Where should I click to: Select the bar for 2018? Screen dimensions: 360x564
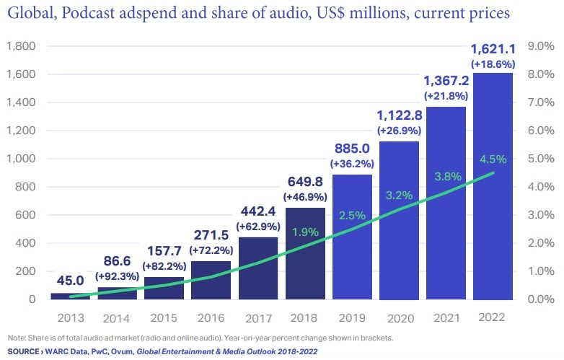[x=306, y=253]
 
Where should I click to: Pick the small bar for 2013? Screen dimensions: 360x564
[x=71, y=295]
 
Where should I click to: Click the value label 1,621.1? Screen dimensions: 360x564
[x=493, y=50]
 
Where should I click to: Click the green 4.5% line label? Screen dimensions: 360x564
[x=493, y=159]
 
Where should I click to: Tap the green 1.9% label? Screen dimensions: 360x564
[x=306, y=232]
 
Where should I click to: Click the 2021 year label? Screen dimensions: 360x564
[x=445, y=317]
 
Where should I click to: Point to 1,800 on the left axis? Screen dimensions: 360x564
[x=21, y=47]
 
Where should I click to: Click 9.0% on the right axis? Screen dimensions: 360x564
[x=540, y=47]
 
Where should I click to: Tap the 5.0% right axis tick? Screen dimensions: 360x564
[x=540, y=159]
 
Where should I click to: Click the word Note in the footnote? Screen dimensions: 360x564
[x=14, y=338]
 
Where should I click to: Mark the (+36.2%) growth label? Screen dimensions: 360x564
[x=352, y=164]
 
